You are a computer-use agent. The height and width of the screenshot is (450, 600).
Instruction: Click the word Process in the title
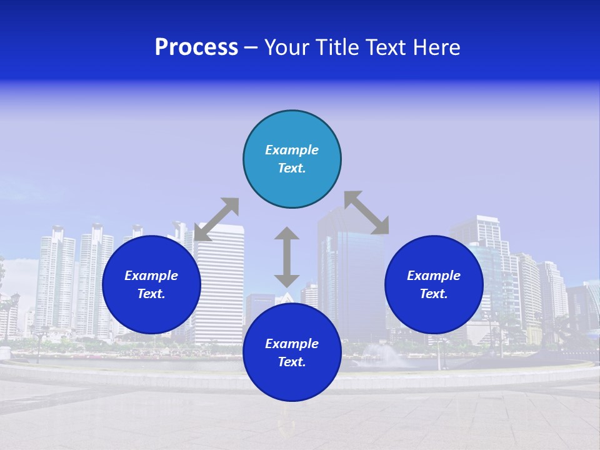(196, 47)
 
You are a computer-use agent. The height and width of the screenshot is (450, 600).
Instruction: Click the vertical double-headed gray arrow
(287, 257)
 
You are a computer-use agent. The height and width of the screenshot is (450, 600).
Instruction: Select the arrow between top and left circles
(216, 219)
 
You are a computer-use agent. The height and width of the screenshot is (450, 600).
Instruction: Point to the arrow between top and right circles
(366, 212)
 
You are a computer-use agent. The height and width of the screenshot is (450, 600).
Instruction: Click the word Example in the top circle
(292, 150)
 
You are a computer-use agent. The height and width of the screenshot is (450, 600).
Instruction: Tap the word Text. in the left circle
(151, 294)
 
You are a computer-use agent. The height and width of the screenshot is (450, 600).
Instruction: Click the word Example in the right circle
(434, 276)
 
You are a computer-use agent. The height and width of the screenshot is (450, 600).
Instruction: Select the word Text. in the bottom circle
(292, 362)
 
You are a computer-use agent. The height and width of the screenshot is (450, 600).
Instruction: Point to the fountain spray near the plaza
(385, 354)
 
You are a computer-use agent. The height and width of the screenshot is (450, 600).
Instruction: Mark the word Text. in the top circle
(292, 168)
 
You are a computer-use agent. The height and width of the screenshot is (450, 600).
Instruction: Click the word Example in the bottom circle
(292, 344)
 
